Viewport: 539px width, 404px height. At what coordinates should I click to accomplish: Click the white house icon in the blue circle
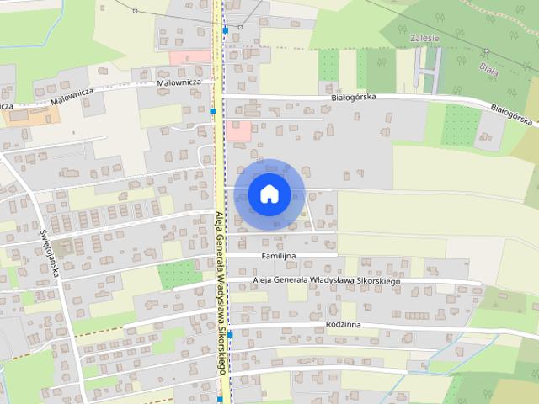pos(269,194)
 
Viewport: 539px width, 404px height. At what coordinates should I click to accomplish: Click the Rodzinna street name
pos(342,323)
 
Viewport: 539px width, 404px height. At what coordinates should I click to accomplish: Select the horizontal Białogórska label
pos(354,98)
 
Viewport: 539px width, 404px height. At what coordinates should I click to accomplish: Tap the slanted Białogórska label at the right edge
pos(514,114)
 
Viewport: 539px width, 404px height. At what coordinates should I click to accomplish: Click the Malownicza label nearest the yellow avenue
pos(178,83)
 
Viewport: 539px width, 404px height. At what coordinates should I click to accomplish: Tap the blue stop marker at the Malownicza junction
pos(214,111)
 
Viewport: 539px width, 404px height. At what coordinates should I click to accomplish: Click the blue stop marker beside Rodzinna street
pos(229,335)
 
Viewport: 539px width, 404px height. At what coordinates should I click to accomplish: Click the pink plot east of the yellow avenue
pos(238,130)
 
